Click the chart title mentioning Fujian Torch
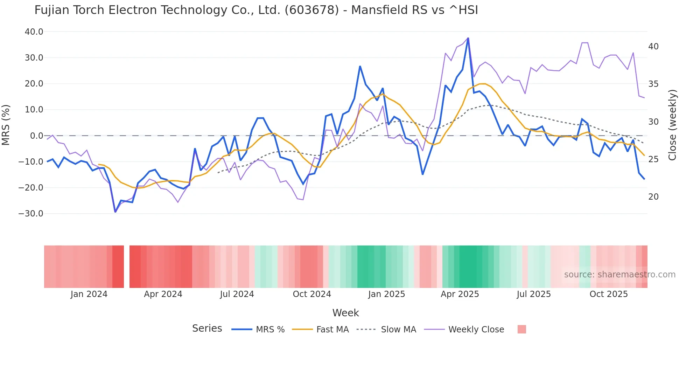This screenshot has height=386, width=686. (x=256, y=10)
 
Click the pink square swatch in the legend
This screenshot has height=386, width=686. (x=521, y=329)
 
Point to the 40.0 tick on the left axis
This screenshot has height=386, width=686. (x=34, y=32)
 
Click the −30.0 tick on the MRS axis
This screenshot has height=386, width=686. (x=31, y=214)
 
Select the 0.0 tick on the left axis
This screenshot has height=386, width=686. (x=36, y=136)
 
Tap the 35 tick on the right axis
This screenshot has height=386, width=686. (x=653, y=84)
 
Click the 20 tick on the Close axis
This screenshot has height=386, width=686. (x=653, y=197)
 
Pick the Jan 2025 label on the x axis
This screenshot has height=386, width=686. (x=386, y=294)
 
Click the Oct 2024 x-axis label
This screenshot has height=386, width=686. (x=312, y=294)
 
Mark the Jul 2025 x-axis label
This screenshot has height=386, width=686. (x=534, y=294)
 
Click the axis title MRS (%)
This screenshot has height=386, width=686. (x=6, y=125)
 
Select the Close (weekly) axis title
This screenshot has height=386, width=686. (x=672, y=125)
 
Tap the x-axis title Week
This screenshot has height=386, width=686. (x=345, y=313)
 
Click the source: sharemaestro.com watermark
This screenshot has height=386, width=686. (x=619, y=275)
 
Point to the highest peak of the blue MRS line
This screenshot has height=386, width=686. (x=468, y=38)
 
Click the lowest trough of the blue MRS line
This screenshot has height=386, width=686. (x=115, y=212)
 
